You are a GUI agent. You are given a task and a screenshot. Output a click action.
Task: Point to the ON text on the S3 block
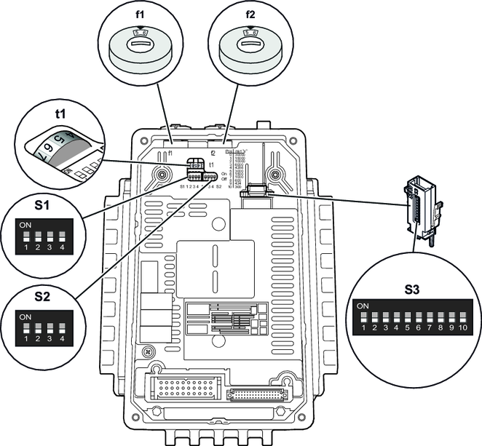point(362,306)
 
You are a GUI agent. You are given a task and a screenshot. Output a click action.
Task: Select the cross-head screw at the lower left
point(148,351)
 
